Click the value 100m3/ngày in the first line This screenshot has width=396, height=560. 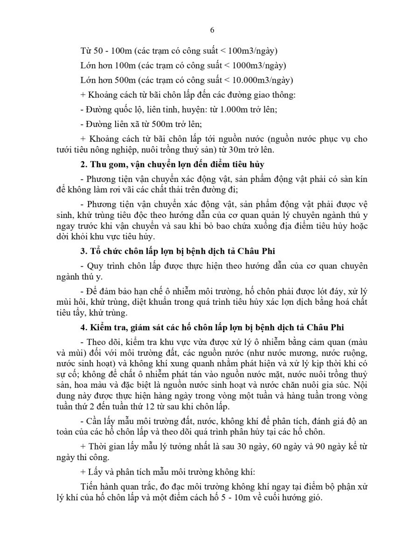pos(256,50)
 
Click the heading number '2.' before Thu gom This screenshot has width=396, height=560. pos(83,165)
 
